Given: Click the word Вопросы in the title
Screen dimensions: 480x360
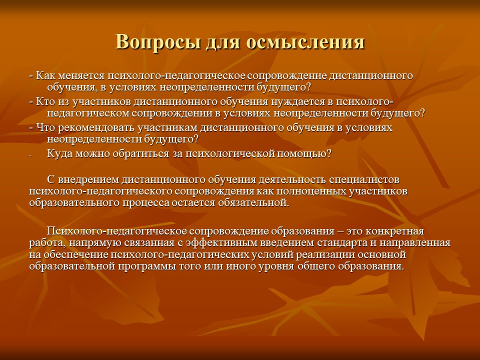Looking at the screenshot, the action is coord(158,41).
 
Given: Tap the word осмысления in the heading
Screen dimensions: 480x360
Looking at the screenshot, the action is coord(305,41).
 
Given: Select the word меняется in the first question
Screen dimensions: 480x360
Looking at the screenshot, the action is coord(81,75).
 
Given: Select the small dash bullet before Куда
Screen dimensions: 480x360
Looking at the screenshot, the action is coord(30,155).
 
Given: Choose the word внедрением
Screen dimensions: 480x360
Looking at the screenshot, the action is coord(86,179).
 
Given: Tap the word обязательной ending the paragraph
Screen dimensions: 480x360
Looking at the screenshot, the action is coord(253,202).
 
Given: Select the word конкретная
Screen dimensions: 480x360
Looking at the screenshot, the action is coord(394,231).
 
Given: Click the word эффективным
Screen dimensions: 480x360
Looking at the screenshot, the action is coord(228,243).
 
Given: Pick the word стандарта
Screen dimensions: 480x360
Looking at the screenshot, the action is coord(342,243).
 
